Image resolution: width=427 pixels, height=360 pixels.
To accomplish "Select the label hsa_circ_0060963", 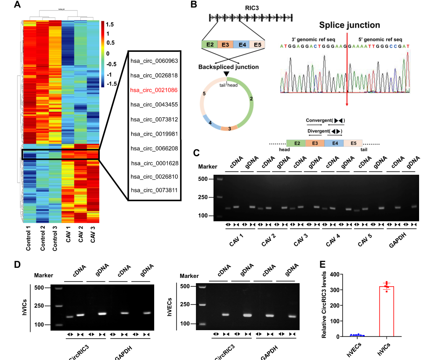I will pos(154,61).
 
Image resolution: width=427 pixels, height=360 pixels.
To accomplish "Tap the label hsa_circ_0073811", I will pos(154,191).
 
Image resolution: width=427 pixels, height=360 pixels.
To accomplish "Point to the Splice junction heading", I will pos(349,25).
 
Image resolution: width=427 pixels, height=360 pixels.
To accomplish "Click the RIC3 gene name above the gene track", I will pos(251,7).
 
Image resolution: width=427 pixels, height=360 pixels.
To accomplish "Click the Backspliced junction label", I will pos(228,67).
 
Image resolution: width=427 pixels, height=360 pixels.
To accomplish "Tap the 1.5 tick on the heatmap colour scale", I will pos(110,24).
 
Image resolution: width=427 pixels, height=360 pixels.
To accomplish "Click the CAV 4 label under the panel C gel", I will pos(334,241).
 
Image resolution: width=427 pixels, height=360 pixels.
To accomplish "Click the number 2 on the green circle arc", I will pos(251,99).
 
